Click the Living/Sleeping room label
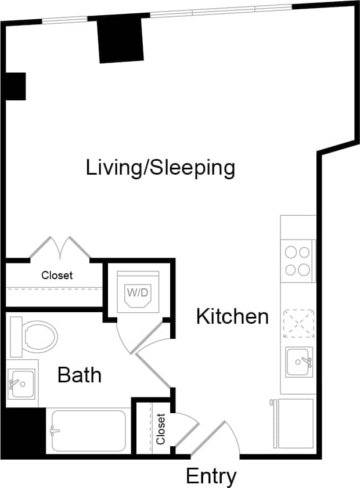point(160,168)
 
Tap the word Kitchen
point(232,317)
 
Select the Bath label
point(80,375)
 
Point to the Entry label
point(211,476)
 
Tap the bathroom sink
point(21,384)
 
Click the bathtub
point(88,431)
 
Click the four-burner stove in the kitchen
point(297,261)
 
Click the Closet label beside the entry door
point(161,429)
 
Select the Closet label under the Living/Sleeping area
point(57,275)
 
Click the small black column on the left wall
point(16,86)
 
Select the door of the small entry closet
point(185,429)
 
